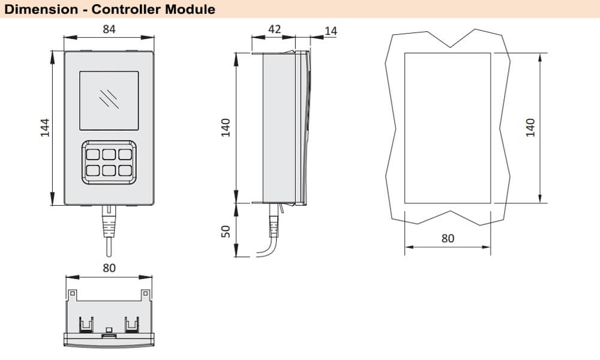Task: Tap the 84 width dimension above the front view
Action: [109, 29]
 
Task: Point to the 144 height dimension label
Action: [45, 128]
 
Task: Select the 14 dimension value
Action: [331, 30]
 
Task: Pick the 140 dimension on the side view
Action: [226, 127]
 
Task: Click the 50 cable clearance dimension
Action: [226, 231]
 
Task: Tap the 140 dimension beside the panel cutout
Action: [530, 127]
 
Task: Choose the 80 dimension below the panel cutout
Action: [448, 238]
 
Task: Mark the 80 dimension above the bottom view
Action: [109, 268]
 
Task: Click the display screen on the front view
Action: [109, 100]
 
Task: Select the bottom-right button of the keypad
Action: [124, 170]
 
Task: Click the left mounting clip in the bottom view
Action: [87, 324]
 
